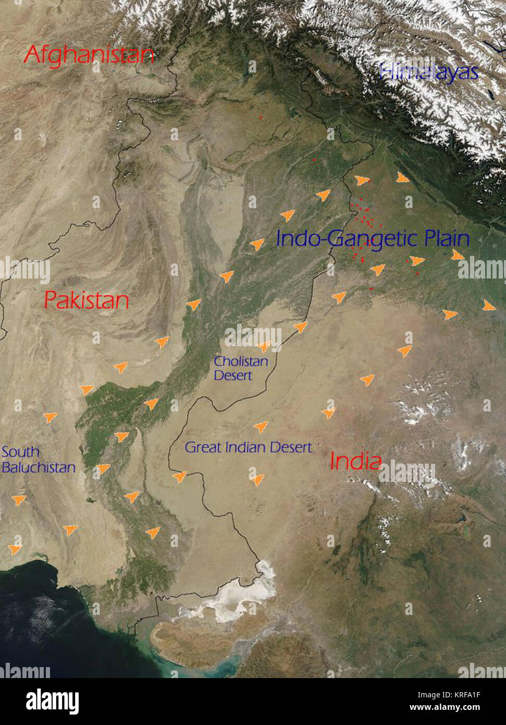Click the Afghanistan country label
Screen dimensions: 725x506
pyautogui.click(x=89, y=54)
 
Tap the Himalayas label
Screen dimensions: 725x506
pyautogui.click(x=428, y=71)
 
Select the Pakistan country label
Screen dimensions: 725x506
pyautogui.click(x=86, y=300)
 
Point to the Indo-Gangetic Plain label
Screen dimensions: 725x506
pyautogui.click(x=373, y=238)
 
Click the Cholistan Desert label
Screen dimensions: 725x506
pyautogui.click(x=240, y=368)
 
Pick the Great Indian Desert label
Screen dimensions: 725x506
pyautogui.click(x=248, y=448)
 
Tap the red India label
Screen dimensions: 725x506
pyautogui.click(x=355, y=461)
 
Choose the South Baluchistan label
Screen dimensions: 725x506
pyautogui.click(x=38, y=460)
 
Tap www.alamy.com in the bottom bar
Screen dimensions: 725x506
pyautogui.click(x=445, y=708)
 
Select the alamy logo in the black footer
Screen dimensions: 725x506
pyautogui.click(x=53, y=701)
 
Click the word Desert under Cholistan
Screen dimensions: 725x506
pyautogui.click(x=232, y=376)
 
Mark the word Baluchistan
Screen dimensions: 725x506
pyautogui.click(x=39, y=467)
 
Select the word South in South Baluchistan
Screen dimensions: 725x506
pyautogui.click(x=20, y=452)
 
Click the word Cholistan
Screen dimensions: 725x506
pyautogui.click(x=241, y=361)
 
